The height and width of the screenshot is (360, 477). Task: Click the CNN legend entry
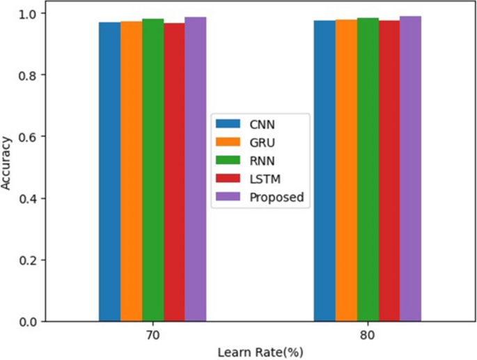[x=251, y=124]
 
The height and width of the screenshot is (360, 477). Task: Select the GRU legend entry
[x=251, y=142]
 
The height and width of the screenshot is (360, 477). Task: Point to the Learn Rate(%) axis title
[x=260, y=352]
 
